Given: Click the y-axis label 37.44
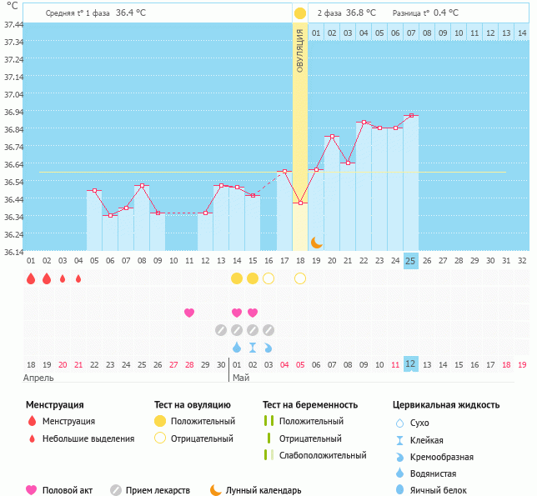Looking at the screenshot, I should coord(13,25).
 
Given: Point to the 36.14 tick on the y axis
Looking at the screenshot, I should coord(13,252).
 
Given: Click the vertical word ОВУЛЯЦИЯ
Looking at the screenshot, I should coord(300,51).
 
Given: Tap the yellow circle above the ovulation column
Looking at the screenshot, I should coord(300,13).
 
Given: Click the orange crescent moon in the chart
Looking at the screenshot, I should coord(317,243).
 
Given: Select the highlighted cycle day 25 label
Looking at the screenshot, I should coord(410,260).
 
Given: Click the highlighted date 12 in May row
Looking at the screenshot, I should coord(410,364).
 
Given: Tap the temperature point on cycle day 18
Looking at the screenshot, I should coord(300,203).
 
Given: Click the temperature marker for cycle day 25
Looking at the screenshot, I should coord(410,116).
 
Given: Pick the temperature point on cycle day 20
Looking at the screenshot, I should coord(332,137).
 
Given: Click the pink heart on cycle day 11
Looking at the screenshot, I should coord(189,313).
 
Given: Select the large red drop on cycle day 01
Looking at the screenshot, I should coord(31,278).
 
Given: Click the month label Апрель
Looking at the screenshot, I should coord(40,378).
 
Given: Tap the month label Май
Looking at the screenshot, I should coord(241,378).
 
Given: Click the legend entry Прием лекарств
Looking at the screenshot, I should coord(158,490).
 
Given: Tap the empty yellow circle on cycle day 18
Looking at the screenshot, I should coord(300,278).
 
